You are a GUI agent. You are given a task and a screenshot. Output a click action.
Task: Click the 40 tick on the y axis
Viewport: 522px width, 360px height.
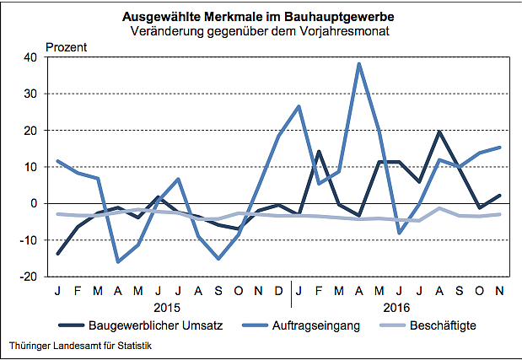(30, 57)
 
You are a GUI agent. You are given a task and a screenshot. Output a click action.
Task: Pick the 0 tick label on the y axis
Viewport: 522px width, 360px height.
(34, 203)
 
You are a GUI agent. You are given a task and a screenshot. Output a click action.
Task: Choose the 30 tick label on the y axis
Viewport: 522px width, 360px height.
(30, 94)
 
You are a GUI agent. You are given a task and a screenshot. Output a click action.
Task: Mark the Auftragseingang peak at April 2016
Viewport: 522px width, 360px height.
(359, 64)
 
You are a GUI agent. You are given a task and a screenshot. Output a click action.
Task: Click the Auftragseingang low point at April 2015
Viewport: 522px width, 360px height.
(118, 261)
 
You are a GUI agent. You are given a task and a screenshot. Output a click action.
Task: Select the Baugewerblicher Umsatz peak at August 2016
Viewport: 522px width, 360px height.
(439, 132)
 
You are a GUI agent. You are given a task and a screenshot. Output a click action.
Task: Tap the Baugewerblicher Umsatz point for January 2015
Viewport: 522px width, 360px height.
(58, 254)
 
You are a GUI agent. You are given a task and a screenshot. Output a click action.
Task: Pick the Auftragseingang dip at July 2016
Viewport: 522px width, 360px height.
(399, 233)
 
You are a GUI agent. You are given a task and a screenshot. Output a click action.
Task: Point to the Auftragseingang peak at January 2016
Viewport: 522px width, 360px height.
(299, 106)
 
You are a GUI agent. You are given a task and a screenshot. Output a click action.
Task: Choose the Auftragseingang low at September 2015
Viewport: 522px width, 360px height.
(218, 258)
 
